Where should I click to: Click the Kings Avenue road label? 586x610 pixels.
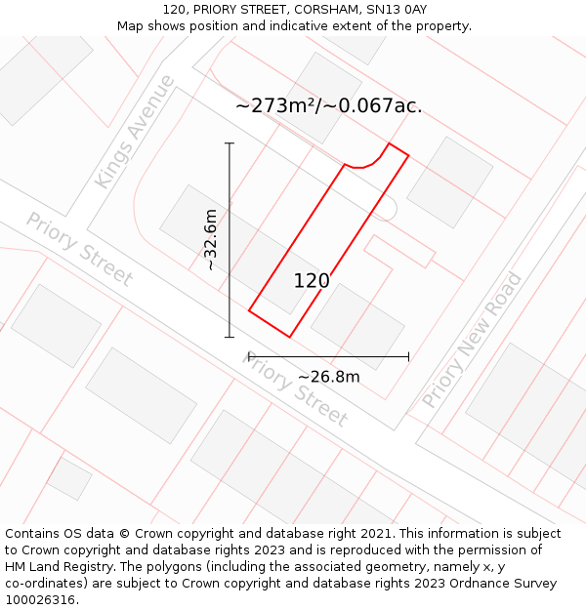pos(135,132)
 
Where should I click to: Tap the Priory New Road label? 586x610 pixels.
pos(472,341)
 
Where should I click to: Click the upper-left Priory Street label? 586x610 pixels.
pos(79,250)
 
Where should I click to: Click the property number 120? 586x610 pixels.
pos(312,281)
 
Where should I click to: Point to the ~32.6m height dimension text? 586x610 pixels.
pos(210,240)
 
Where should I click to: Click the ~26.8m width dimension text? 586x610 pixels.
pos(328,377)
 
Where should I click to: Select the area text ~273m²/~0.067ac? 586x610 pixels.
pos(329,106)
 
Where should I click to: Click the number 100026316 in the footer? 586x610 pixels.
pos(40,600)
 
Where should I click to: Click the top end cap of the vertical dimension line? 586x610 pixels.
pos(230,143)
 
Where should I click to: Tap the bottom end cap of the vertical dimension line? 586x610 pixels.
pos(230,338)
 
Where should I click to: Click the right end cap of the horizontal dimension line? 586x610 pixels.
pos(408,356)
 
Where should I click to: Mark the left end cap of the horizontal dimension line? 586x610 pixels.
pos(249,356)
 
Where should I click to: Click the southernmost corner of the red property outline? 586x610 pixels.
pos(289,337)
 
